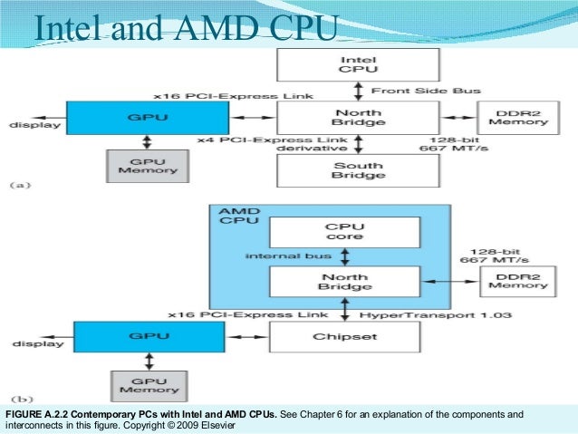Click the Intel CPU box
(x=358, y=65)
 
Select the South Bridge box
(x=358, y=170)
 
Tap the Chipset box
(x=344, y=337)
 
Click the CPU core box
(x=344, y=232)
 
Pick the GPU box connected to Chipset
(x=149, y=337)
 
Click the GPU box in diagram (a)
(x=148, y=118)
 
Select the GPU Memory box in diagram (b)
(x=149, y=386)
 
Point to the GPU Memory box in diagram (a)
(x=148, y=167)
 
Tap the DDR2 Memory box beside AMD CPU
(x=518, y=282)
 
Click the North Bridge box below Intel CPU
(x=358, y=118)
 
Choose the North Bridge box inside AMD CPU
(x=344, y=282)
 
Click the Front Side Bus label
(x=426, y=91)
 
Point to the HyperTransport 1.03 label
(x=436, y=315)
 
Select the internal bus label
(x=288, y=256)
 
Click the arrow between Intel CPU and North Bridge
(x=358, y=92)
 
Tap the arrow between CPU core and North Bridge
(x=344, y=257)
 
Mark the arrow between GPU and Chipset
(x=247, y=337)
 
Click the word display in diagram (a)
(x=35, y=125)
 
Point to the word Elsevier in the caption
(x=217, y=425)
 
